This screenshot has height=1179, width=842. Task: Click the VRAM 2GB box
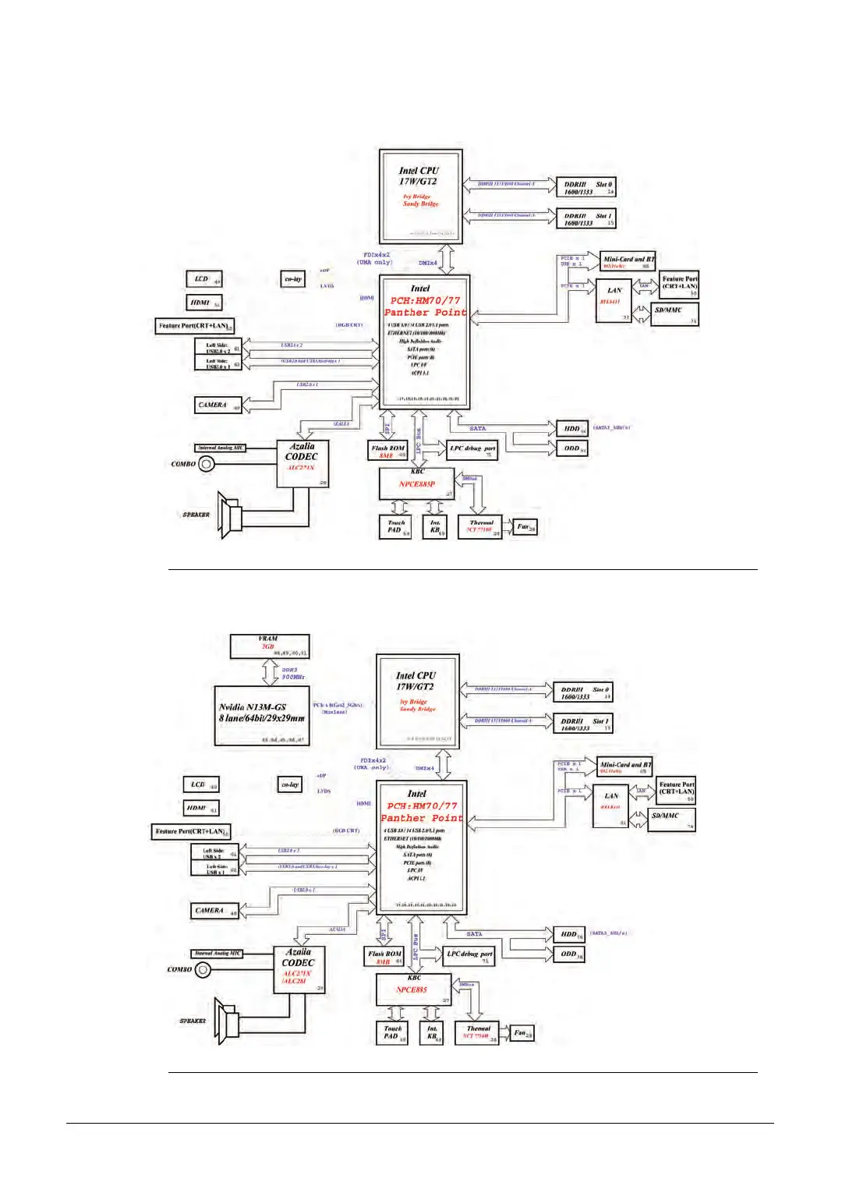pos(270,646)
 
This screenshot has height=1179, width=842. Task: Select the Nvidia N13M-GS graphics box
pos(262,716)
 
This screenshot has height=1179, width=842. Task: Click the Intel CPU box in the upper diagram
pos(421,196)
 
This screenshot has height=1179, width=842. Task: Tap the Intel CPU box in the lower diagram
pos(417,702)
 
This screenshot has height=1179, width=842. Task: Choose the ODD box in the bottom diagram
pos(570,954)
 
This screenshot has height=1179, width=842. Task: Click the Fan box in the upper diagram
pos(526,527)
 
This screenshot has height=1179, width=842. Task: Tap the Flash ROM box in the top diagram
pos(388,451)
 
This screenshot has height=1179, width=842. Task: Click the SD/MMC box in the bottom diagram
pos(671,819)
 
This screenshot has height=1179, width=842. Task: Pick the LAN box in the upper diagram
pos(614,300)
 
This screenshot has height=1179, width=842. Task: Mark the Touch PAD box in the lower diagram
pos(392,1032)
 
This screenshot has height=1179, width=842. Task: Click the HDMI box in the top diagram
pos(203,303)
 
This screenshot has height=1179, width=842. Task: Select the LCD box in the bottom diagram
pos(201,784)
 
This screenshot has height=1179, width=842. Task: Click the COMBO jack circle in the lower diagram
pos(203,970)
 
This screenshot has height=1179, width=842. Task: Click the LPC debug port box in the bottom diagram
pos(470,956)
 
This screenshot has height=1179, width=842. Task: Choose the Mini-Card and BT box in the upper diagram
pos(628,261)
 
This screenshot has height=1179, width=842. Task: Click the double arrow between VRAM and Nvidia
pos(270,672)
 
